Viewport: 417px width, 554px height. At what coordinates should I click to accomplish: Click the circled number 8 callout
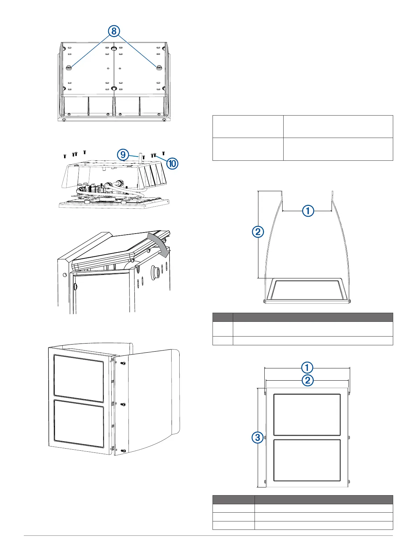113,31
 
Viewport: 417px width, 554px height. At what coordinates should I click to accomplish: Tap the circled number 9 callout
123,154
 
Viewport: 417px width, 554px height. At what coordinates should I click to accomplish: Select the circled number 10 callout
172,164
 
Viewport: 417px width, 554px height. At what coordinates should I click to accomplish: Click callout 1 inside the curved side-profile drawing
308,211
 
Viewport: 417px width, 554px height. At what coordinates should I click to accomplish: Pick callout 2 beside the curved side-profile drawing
258,232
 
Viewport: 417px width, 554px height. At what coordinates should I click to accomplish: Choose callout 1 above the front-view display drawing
307,367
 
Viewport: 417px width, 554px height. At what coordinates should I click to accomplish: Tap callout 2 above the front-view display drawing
307,380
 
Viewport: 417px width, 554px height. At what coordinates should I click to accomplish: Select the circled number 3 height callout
258,437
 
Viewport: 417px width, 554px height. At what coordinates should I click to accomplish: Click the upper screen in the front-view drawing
307,415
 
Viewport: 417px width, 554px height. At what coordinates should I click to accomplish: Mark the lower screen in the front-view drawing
307,460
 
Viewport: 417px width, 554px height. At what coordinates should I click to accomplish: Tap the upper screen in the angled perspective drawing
79,378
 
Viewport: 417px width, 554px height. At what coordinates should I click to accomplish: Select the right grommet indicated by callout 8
159,68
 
